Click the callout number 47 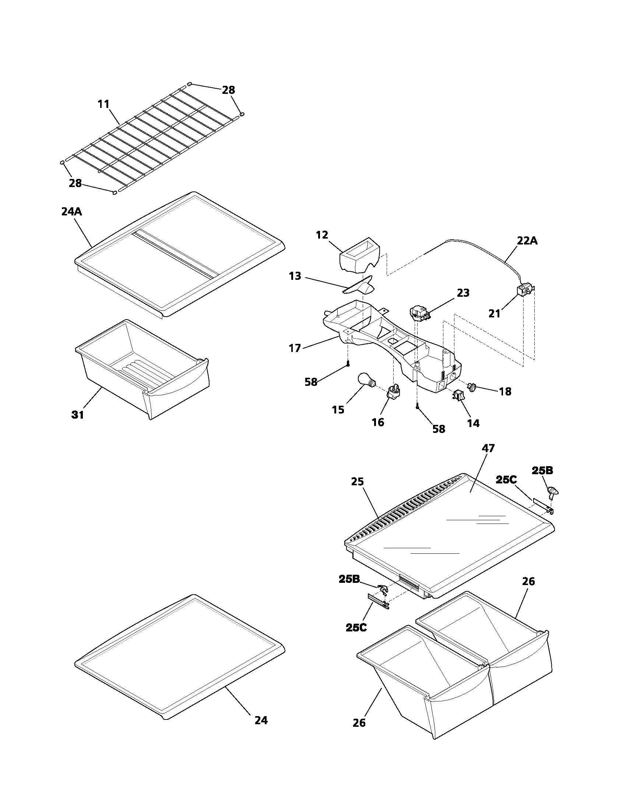coord(488,448)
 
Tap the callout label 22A coord(527,241)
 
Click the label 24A coord(71,212)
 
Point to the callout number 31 coord(77,415)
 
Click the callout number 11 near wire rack coord(104,104)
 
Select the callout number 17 coord(295,348)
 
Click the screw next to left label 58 coord(348,364)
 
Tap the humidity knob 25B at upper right coord(552,492)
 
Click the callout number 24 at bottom coord(261,720)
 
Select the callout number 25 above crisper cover coord(358,482)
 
